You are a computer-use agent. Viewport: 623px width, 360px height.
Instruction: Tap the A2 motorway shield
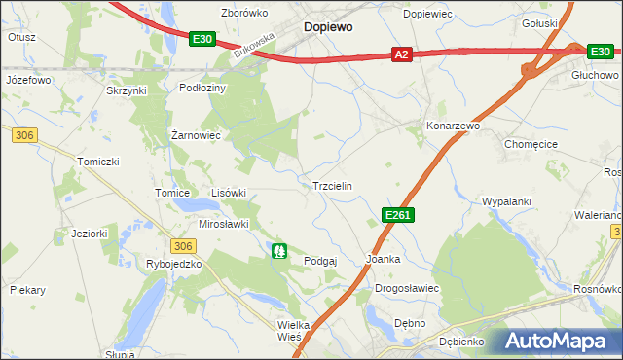(x=401, y=55)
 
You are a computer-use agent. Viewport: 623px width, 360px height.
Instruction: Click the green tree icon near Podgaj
(x=280, y=251)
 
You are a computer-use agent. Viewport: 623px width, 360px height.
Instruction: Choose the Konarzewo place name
(x=454, y=126)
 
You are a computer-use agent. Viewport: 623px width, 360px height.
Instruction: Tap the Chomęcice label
(x=531, y=143)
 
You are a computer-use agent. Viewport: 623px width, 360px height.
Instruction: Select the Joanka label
(x=383, y=259)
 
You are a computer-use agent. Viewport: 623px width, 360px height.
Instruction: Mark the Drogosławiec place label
(x=408, y=289)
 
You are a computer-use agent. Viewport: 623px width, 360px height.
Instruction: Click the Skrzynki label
(x=126, y=90)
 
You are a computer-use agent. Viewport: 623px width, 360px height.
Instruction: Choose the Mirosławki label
(x=224, y=223)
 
